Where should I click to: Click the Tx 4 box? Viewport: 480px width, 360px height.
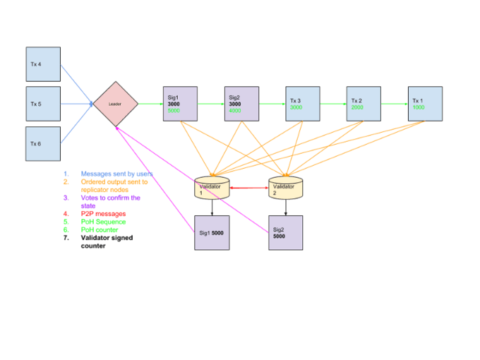pyautogui.click(x=43, y=64)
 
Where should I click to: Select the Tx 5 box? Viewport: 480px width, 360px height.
pyautogui.click(x=43, y=104)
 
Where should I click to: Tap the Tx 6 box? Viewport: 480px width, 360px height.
pyautogui.click(x=43, y=143)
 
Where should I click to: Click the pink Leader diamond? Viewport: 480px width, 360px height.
pyautogui.click(x=115, y=104)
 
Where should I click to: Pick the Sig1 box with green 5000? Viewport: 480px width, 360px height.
pyautogui.click(x=180, y=104)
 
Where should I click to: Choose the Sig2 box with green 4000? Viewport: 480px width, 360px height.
pyautogui.click(x=241, y=104)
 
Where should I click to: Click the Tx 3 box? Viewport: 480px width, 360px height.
pyautogui.click(x=303, y=104)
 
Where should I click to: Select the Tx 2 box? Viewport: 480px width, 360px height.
pyautogui.click(x=364, y=104)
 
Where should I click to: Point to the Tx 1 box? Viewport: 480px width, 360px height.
pyautogui.click(x=425, y=104)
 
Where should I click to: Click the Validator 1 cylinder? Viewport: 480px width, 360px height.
pyautogui.click(x=212, y=188)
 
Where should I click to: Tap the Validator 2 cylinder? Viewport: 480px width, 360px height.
pyautogui.click(x=285, y=188)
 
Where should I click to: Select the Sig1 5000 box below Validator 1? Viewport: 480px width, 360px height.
pyautogui.click(x=212, y=232)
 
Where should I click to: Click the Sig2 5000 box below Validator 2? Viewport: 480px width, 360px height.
pyautogui.click(x=285, y=232)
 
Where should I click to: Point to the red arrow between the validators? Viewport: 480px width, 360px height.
pyautogui.click(x=249, y=188)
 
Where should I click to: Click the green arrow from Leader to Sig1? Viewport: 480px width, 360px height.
pyautogui.click(x=150, y=104)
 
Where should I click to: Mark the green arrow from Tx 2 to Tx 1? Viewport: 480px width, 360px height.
pyautogui.click(x=394, y=104)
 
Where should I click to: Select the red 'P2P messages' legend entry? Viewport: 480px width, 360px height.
pyautogui.click(x=104, y=213)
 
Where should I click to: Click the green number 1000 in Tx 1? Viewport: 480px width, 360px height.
pyautogui.click(x=419, y=107)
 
